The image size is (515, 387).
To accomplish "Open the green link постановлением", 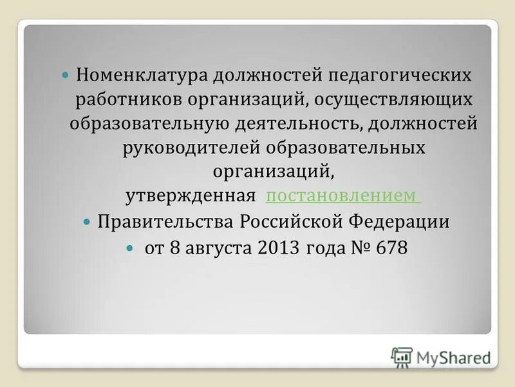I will point(342,195).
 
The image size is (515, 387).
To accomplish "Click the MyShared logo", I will point(441,356).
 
